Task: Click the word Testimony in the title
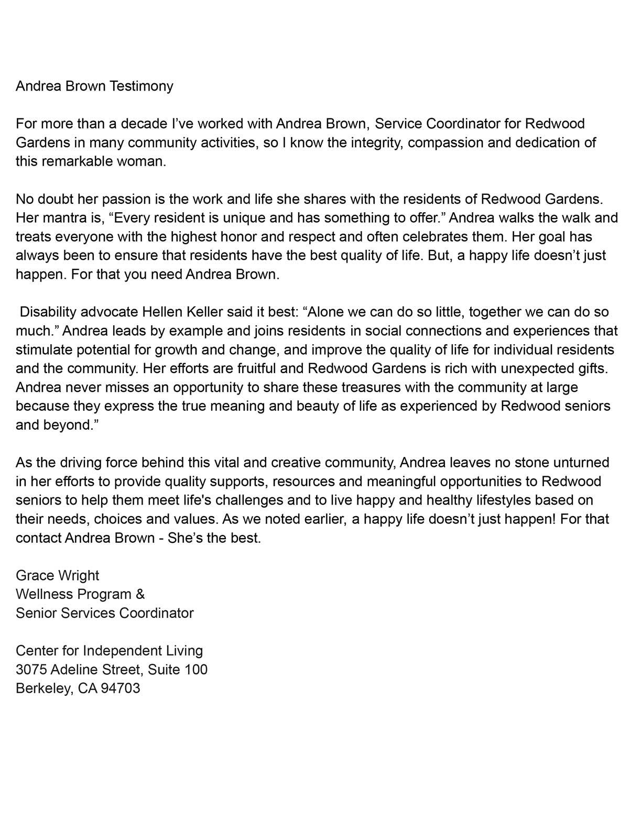tap(140, 86)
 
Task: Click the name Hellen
tap(162, 312)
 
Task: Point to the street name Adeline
tap(73, 670)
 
